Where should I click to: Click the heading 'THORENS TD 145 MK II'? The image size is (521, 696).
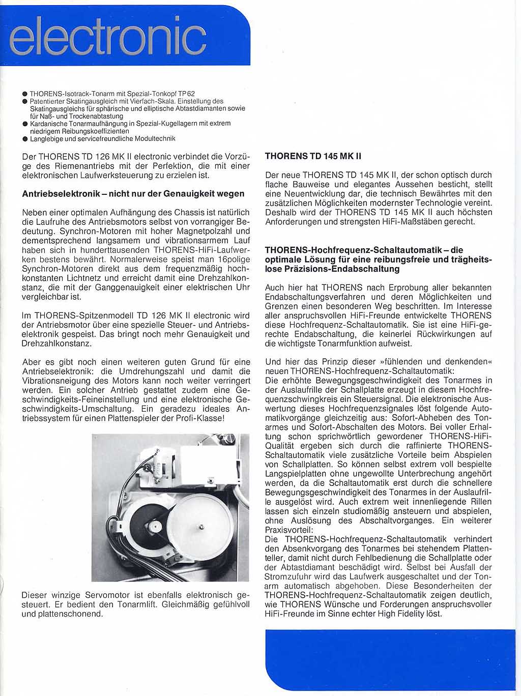coord(313,156)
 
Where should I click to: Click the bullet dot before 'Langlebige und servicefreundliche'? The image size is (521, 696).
coord(25,138)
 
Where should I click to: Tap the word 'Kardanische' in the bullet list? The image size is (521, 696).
coord(47,124)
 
